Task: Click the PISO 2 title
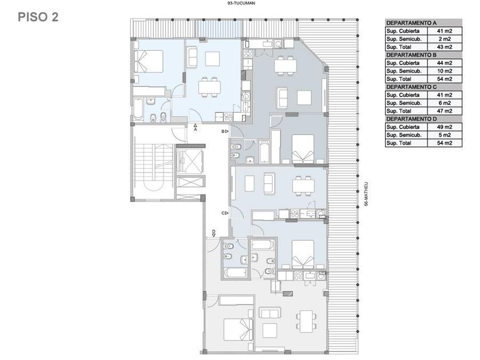pyautogui.click(x=38, y=17)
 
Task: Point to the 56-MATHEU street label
pyautogui.click(x=366, y=194)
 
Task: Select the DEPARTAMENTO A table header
pyautogui.click(x=411, y=23)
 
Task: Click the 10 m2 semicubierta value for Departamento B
pyautogui.click(x=445, y=71)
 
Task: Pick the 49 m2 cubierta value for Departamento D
pyautogui.click(x=445, y=127)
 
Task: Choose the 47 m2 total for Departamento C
pyautogui.click(x=445, y=111)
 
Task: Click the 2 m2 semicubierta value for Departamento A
pyautogui.click(x=445, y=39)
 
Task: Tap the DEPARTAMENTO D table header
pyautogui.click(x=411, y=119)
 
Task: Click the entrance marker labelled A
pyautogui.click(x=195, y=127)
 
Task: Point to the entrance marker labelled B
pyautogui.click(x=225, y=131)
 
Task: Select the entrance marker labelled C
pyautogui.click(x=225, y=213)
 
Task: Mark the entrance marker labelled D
pyautogui.click(x=214, y=233)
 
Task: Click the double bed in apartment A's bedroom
pyautogui.click(x=149, y=61)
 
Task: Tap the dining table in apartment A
pyautogui.click(x=209, y=87)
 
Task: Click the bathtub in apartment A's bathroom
pyautogui.click(x=138, y=109)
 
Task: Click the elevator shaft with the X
pyautogui.click(x=189, y=161)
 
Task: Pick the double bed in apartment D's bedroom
pyautogui.click(x=238, y=330)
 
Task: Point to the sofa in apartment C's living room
pyautogui.click(x=269, y=183)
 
